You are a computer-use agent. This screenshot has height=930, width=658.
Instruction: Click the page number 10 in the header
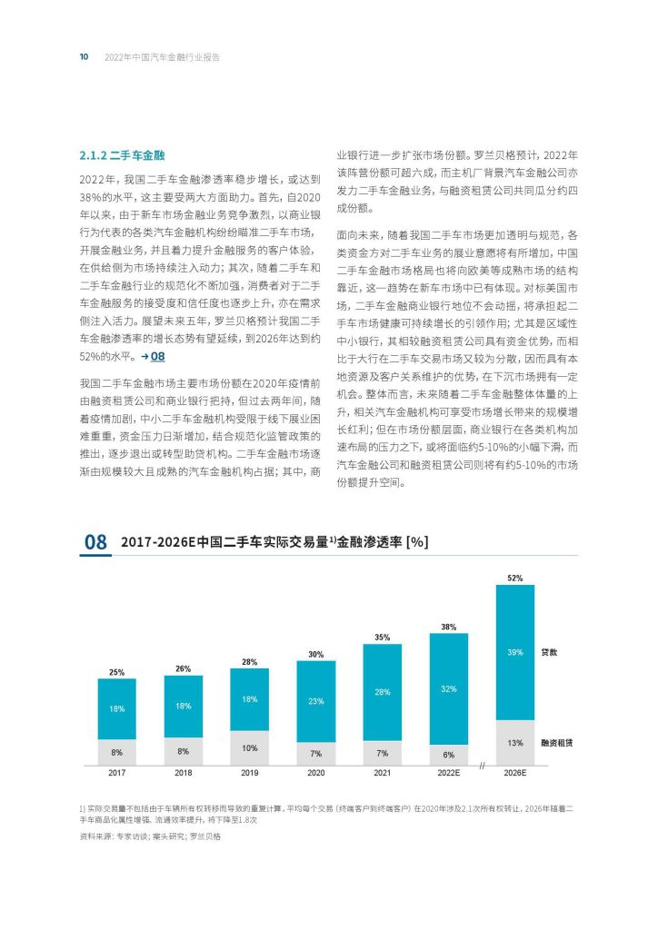84,56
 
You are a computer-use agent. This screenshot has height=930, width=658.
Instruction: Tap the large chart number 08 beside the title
96,542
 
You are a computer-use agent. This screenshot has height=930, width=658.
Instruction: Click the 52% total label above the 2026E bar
515,578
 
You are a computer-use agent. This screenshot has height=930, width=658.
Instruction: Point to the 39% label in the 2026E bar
515,652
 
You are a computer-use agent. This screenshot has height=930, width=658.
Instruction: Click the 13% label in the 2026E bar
515,742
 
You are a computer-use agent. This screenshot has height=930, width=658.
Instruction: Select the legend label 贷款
550,652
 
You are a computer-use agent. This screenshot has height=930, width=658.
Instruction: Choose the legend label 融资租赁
556,742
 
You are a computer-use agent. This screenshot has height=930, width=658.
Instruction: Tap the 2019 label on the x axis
249,772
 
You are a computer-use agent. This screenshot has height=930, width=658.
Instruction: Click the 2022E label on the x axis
449,772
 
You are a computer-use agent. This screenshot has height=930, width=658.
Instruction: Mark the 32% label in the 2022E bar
449,689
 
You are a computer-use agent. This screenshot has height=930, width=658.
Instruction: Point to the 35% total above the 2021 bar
383,637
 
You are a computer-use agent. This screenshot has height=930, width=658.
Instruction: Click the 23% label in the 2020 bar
315,700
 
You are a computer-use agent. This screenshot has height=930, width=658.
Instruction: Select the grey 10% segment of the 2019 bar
249,747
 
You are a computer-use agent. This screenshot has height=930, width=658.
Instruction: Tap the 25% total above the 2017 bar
116,672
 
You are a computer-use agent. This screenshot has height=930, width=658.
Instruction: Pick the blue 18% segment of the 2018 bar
183,706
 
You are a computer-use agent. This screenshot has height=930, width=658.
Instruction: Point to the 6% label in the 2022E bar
449,755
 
